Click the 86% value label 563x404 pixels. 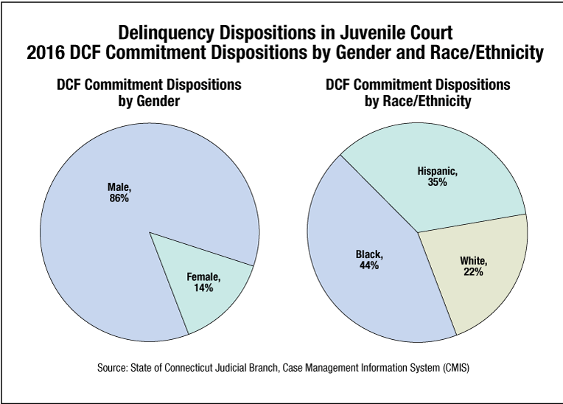119,199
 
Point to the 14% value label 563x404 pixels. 204,288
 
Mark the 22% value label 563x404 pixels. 473,272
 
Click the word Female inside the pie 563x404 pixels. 203,277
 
